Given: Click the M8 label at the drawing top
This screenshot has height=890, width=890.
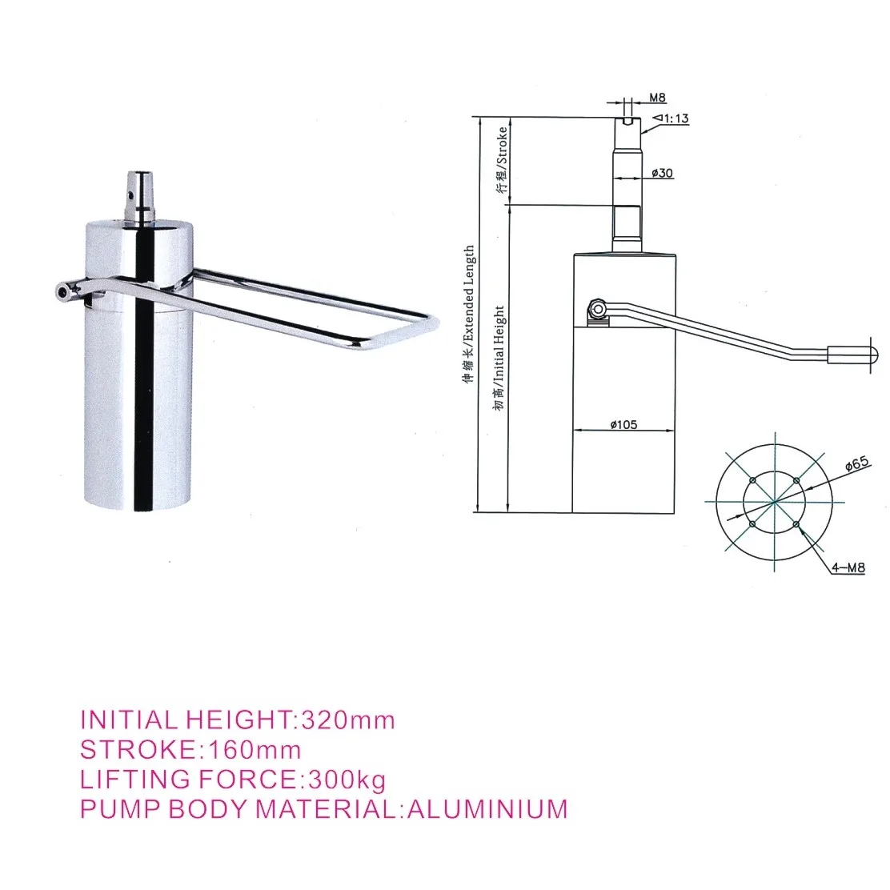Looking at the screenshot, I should pos(657,98).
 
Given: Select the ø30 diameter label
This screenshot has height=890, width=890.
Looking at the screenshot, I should pos(662,173).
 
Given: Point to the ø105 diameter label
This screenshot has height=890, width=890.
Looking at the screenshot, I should pos(623,424).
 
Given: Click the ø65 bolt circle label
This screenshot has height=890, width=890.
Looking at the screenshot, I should pos(856,463).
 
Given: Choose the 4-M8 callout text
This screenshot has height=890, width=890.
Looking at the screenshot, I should pos(848,567).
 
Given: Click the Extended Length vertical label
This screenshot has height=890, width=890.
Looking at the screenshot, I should pos(469,313).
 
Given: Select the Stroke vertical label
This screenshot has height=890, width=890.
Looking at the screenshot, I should pos(502,159).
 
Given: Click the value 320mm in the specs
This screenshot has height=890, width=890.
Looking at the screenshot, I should pos(347,720).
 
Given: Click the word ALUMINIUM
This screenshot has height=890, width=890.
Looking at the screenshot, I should pos(487,808).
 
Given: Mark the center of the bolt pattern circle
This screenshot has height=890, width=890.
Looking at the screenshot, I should pos(774,502).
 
